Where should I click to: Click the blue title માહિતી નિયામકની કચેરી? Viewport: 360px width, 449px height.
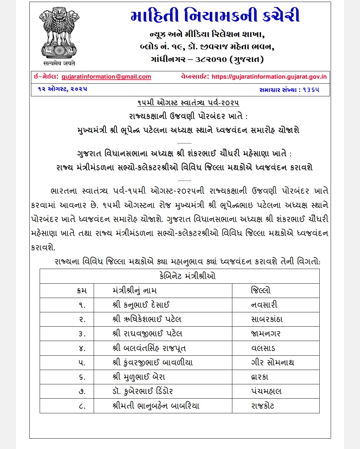(x=215, y=16)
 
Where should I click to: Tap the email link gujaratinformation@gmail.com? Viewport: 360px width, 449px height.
(x=106, y=77)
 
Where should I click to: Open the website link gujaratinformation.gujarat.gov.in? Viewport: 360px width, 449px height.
(x=269, y=77)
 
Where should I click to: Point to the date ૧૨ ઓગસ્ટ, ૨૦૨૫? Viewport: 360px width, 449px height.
(x=62, y=89)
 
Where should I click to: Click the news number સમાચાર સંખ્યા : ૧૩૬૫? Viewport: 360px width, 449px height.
(x=289, y=90)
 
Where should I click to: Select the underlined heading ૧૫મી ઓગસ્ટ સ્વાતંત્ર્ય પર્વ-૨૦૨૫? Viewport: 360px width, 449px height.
(x=188, y=103)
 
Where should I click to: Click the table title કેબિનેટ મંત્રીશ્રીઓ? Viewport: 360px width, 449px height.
(x=187, y=276)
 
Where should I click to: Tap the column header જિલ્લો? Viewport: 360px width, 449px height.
(x=261, y=290)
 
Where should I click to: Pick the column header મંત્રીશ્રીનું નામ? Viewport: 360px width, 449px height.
(x=135, y=290)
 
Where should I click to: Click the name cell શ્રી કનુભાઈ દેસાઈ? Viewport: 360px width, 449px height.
(x=141, y=305)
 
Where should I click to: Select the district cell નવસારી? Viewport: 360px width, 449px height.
(x=264, y=305)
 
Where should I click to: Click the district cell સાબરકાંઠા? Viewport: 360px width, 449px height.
(x=267, y=319)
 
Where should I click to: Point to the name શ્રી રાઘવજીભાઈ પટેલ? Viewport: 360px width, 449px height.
(x=147, y=334)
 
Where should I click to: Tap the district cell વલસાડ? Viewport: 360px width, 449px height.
(x=263, y=348)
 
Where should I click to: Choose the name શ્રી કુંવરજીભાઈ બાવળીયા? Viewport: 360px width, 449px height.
(x=153, y=363)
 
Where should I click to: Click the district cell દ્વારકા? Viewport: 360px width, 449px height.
(x=260, y=377)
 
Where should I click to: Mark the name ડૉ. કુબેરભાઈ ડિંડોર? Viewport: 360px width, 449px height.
(x=143, y=391)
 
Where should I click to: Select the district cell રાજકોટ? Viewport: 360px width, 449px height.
(x=263, y=406)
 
